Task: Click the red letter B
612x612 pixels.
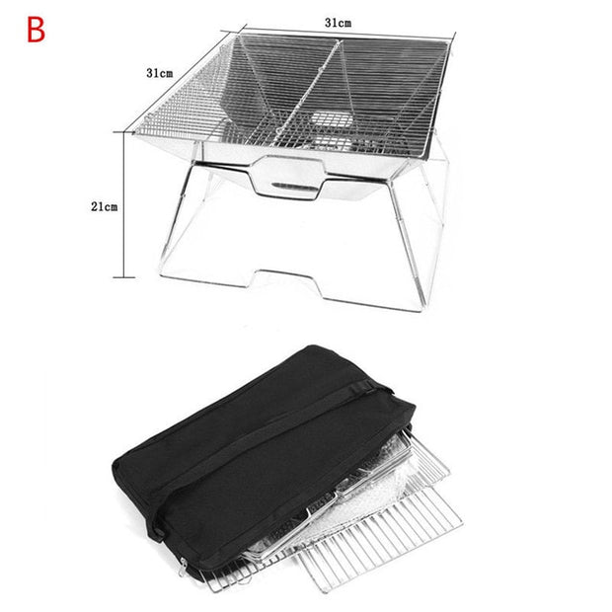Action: click(36, 30)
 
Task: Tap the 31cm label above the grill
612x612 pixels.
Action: click(338, 23)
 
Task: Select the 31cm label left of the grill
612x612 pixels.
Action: click(159, 73)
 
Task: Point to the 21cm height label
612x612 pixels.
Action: click(105, 206)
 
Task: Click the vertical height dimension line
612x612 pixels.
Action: click(124, 205)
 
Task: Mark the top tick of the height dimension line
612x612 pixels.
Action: click(124, 132)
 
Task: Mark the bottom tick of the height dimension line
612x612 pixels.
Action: click(124, 277)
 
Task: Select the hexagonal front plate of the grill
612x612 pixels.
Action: click(289, 177)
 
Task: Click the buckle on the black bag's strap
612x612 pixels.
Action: click(362, 387)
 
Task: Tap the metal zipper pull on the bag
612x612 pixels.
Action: click(182, 567)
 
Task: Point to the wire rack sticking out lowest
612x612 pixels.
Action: click(381, 543)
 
